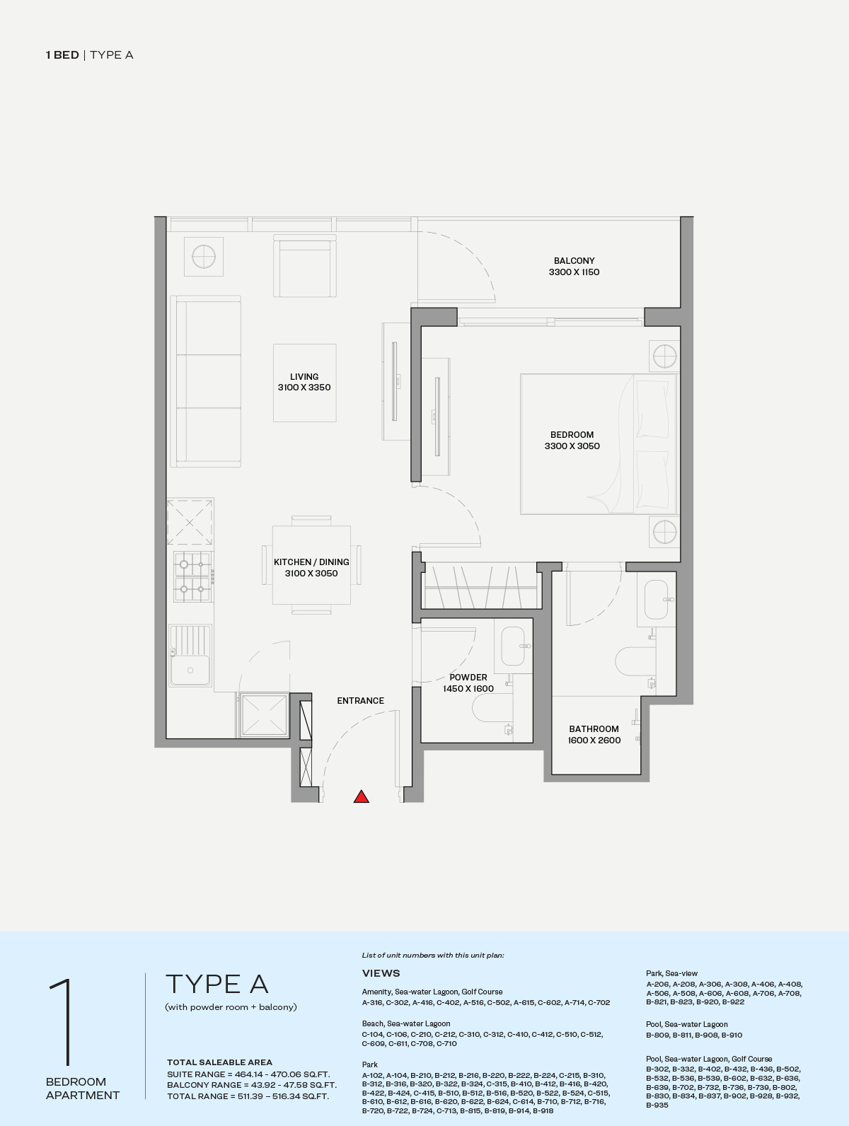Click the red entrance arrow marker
coord(361,796)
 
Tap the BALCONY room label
coord(574,260)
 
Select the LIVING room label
coord(304,376)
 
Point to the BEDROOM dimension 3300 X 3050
coord(572,446)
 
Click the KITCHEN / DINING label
coord(311,562)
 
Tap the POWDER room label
coord(468,677)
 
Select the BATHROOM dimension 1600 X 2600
coord(594,741)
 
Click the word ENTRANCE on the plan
coord(361,701)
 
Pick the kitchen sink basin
coord(190,655)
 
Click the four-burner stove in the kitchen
coord(192,576)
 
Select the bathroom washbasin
coord(657,599)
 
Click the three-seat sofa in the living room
coord(206,381)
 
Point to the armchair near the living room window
coord(305,266)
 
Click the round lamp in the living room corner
coord(204,257)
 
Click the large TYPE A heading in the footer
coord(217,985)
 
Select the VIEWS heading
coord(381,973)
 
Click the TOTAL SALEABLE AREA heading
coord(219,1062)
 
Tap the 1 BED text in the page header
coord(62,55)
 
